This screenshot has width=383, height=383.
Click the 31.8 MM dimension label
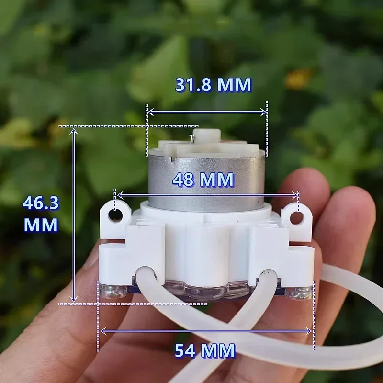(213, 85)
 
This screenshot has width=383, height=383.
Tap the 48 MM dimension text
(203, 180)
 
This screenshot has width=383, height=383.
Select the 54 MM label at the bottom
(205, 351)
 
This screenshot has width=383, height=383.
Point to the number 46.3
(41, 203)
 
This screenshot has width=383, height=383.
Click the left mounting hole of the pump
(115, 215)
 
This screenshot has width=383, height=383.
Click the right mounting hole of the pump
(296, 218)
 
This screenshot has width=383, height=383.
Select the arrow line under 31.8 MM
(206, 112)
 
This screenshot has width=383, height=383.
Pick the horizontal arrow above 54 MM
(206, 330)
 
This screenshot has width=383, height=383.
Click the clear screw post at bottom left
(111, 290)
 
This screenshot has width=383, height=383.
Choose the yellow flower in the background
(298, 79)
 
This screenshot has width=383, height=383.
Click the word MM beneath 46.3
(41, 225)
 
